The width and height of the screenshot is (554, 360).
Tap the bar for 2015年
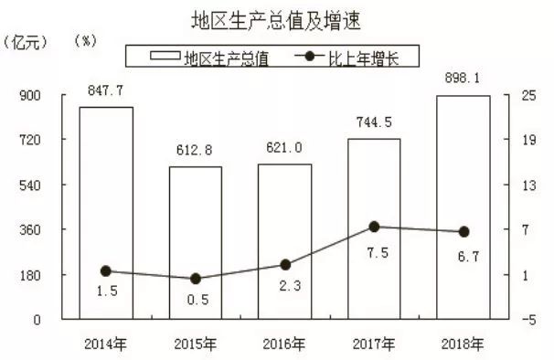[195, 242]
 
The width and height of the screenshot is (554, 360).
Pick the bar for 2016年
[284, 241]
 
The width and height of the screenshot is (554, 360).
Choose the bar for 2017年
[374, 228]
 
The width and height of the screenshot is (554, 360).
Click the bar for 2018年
[463, 206]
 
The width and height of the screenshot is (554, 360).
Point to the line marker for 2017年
[374, 226]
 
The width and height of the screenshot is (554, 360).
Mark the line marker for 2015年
[195, 279]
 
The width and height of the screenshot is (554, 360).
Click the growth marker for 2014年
[105, 271]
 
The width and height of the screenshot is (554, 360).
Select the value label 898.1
[463, 79]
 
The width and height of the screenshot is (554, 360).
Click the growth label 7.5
[374, 253]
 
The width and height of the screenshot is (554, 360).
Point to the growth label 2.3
[284, 287]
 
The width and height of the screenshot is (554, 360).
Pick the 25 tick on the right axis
[528, 96]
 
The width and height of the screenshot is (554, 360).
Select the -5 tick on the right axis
[528, 320]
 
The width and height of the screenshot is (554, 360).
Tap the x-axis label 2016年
[284, 344]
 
